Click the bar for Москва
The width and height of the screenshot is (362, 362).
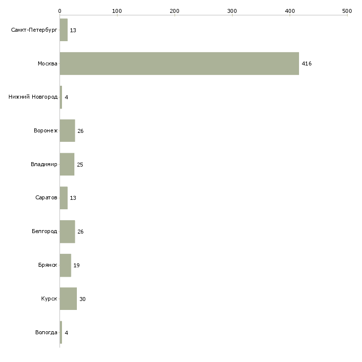tap(180, 63)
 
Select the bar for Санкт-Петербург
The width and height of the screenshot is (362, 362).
tap(63, 30)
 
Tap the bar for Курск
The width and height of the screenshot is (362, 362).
tap(68, 299)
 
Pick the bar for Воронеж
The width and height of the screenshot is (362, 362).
tap(67, 131)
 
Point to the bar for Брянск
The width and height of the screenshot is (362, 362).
tap(65, 265)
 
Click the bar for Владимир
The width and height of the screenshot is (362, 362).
tap(67, 164)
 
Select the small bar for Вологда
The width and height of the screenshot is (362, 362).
tap(61, 332)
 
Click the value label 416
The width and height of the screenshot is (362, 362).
tap(306, 63)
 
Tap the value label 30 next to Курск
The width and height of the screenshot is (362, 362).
tap(82, 299)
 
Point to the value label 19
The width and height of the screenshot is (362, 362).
tap(76, 265)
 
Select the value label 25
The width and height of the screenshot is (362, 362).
tap(80, 165)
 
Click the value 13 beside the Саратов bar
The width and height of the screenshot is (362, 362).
tap(73, 198)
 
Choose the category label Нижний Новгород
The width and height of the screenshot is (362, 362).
tap(33, 97)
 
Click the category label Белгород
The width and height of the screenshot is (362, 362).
tap(44, 231)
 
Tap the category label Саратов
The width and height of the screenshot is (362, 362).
tap(46, 198)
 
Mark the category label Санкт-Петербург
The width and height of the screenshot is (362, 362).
tap(34, 30)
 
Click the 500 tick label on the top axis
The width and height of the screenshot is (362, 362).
tap(347, 11)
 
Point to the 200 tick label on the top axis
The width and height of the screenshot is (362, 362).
tap(174, 11)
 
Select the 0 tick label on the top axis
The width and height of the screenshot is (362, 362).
tap(60, 11)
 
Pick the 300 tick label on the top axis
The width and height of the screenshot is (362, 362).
tap(232, 11)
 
